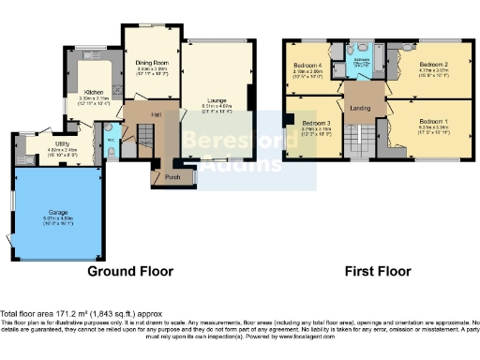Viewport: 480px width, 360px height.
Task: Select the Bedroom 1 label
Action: [x=432, y=122]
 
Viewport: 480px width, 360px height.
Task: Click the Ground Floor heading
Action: [x=130, y=272]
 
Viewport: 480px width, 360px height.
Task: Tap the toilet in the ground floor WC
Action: [x=112, y=152]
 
